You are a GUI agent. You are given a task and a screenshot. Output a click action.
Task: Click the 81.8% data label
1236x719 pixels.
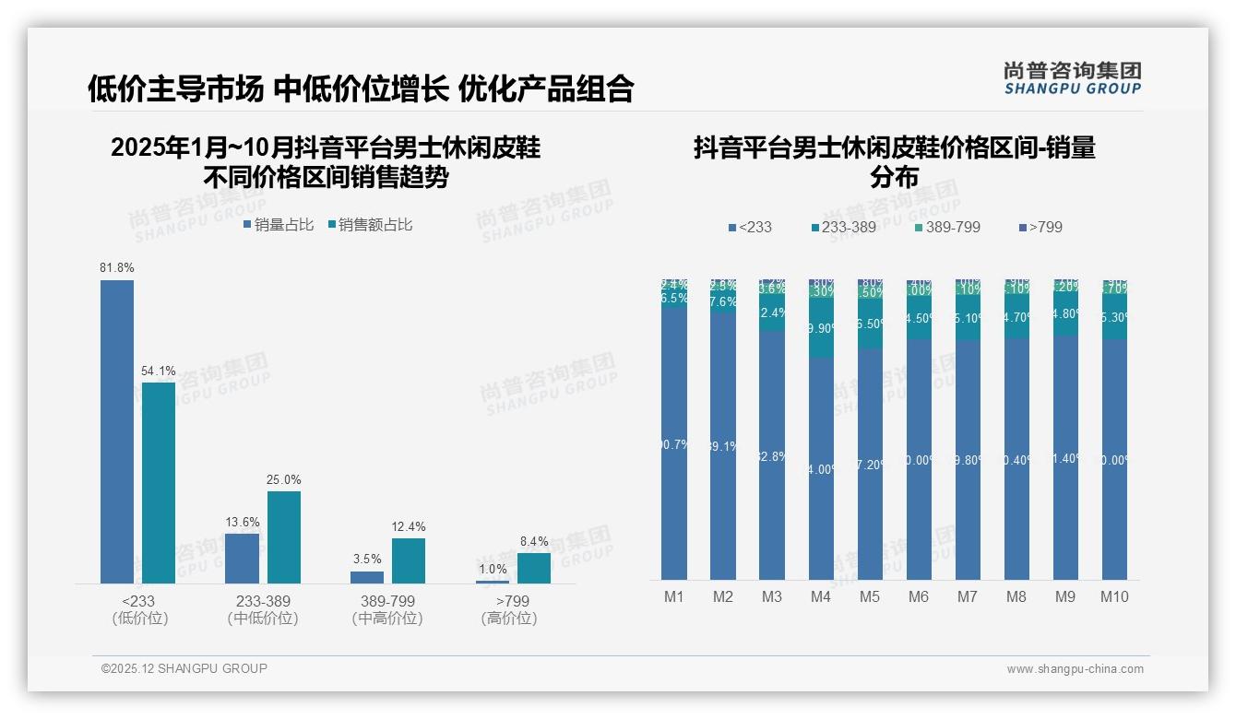117,267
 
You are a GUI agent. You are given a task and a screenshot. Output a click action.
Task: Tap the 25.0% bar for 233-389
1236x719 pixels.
284,536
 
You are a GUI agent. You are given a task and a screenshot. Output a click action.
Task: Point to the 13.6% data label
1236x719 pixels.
243,522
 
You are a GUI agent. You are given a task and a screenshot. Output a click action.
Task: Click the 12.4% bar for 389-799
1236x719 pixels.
409,560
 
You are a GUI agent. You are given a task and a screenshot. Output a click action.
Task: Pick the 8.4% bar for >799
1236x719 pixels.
533,568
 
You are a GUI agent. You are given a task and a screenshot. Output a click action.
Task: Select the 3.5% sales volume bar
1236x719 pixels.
367,577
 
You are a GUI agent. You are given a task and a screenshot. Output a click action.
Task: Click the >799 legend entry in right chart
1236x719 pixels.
1040,227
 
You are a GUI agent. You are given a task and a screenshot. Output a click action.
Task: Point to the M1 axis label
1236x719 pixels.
674,596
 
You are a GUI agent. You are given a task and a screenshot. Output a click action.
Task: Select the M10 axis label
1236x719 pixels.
1113,596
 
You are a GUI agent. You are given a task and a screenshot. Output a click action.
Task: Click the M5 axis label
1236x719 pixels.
870,596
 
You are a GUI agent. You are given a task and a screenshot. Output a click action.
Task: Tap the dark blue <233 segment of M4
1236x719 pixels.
821,468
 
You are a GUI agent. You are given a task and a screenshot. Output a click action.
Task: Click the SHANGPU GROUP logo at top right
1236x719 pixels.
1072,78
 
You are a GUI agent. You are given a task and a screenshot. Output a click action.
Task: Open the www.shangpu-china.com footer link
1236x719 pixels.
1075,669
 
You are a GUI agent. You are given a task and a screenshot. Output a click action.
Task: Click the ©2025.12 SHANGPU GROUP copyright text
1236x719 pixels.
184,668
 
